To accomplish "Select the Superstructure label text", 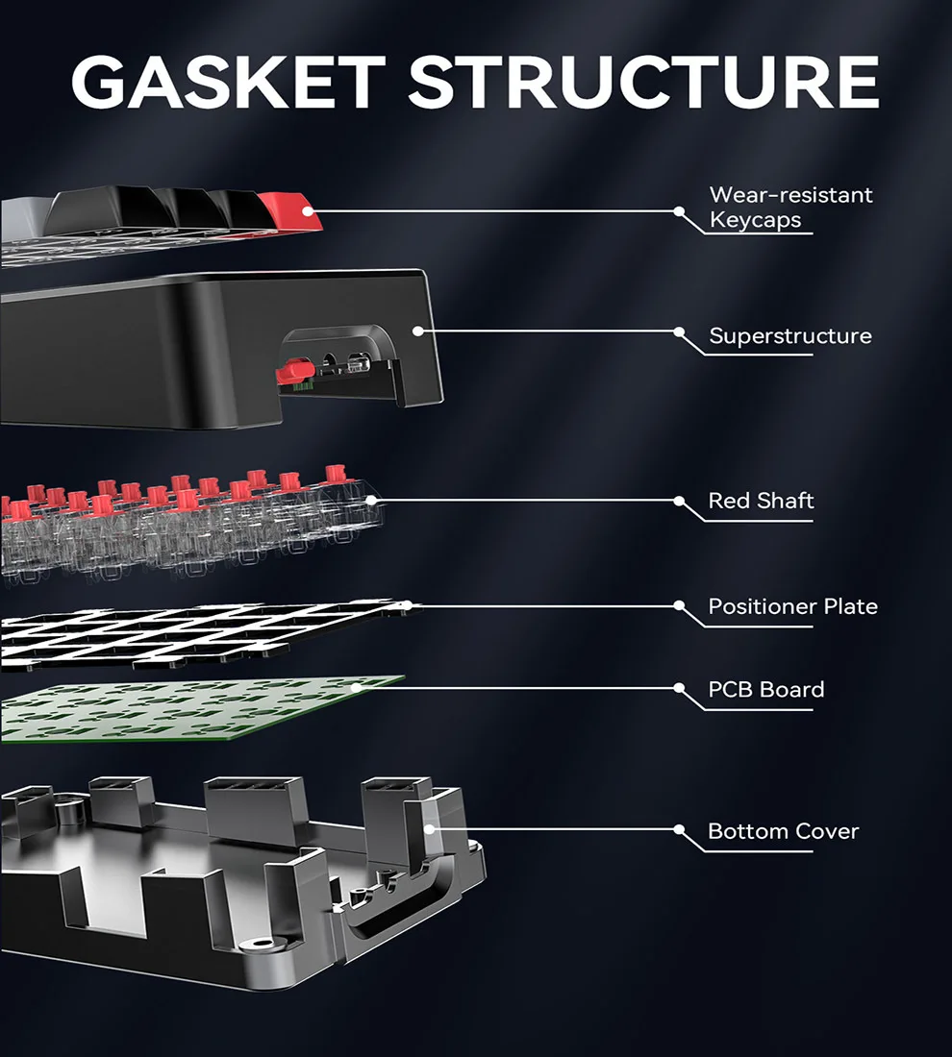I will point(789,336).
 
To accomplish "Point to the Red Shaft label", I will point(761,501).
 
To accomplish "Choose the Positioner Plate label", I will point(792,606).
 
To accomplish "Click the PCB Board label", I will point(765,690).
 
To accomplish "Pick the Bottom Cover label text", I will point(783,831).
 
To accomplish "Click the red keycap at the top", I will point(288,209).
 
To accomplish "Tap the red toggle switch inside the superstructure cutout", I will point(292,370).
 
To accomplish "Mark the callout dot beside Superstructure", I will point(679,332).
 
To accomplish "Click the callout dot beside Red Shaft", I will point(679,501).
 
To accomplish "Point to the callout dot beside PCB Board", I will point(679,689).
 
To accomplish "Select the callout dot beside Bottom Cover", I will point(679,829).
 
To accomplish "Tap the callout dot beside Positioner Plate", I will point(679,605).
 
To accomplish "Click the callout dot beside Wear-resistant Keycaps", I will point(679,210).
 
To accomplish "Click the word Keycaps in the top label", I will point(755,219).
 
